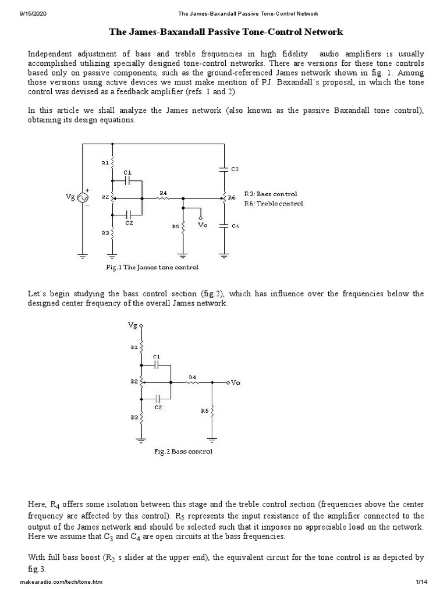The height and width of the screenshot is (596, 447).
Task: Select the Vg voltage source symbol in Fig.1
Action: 82,198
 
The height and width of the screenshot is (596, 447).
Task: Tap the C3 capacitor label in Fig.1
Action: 235,169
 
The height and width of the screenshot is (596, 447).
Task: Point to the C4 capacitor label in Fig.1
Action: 235,226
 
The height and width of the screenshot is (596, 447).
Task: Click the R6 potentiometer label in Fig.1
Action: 231,198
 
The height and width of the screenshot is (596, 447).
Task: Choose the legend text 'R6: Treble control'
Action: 274,203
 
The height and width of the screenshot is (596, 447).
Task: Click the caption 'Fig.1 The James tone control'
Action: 152,267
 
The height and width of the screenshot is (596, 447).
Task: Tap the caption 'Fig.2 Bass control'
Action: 183,451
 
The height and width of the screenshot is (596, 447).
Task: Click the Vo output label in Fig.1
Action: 202,225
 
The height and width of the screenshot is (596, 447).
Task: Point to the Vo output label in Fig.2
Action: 235,382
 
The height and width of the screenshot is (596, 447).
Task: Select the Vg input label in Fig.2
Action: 133,326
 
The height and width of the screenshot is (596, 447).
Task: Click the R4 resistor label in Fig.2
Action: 191,377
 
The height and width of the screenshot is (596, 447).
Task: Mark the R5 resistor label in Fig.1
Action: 175,226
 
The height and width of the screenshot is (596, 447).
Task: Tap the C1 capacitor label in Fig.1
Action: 128,172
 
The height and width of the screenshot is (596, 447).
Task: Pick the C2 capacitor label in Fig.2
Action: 158,407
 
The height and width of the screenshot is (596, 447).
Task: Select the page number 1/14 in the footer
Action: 421,583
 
